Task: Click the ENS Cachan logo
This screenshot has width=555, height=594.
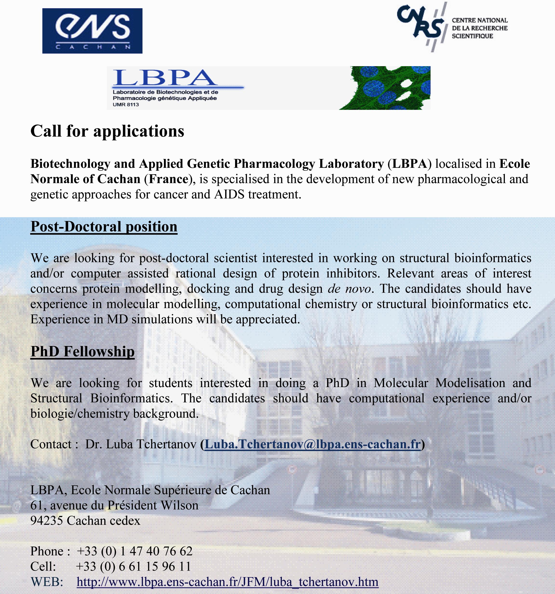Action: [92, 31]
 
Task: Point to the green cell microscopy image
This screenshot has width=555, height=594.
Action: [385, 88]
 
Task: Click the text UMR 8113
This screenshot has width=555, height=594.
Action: [126, 105]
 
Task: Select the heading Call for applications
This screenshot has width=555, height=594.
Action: [108, 131]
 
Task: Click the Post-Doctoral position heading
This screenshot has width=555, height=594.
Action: [104, 226]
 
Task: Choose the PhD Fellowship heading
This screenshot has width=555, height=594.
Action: [82, 351]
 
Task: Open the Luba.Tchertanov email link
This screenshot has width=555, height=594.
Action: [312, 444]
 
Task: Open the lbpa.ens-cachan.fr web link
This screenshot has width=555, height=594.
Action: [227, 582]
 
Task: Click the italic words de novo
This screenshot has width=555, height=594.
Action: [349, 289]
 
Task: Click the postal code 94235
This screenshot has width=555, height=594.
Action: [47, 521]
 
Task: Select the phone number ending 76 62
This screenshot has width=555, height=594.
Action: [135, 551]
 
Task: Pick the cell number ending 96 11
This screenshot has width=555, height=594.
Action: [133, 566]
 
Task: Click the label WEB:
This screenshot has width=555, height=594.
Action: [47, 582]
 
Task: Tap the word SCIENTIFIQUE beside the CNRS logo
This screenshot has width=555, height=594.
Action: [472, 36]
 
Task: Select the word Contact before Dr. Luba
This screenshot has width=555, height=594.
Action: [51, 444]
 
